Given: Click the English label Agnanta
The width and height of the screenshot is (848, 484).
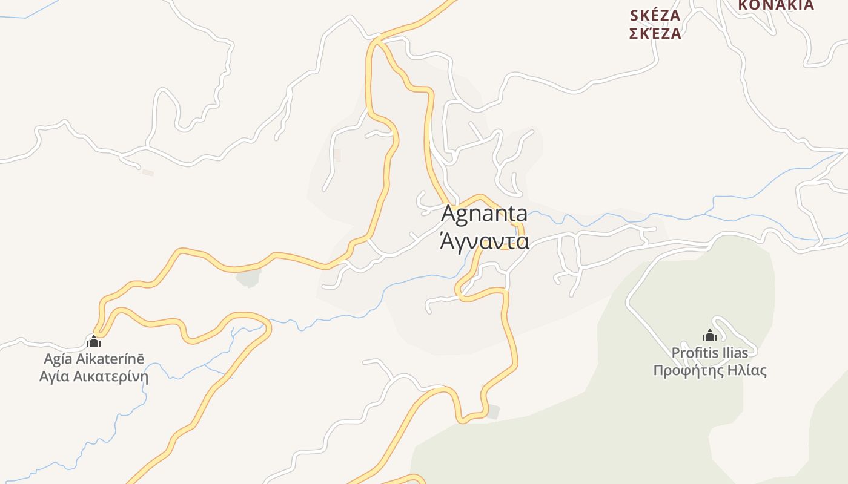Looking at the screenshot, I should coord(484,214).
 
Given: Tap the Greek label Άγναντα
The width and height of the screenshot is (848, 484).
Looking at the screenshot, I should coord(484,241).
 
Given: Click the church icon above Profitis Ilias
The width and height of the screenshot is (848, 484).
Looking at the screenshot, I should coord(710,335).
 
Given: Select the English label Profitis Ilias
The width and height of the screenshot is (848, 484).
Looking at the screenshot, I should coord(709,352).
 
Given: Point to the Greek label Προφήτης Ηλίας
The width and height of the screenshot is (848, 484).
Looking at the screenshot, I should coord(709,370).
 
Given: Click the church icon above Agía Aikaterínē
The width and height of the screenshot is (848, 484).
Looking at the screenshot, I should coord(94,341).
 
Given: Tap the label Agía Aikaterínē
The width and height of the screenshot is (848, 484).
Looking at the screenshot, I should coord(94,359).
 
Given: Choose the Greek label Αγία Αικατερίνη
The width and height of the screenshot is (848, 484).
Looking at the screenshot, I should coord(94,376).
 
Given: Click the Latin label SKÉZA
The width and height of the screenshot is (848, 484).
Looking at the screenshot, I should coord(655,15).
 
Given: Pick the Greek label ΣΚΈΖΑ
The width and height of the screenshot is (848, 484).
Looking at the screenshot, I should coord(655,33).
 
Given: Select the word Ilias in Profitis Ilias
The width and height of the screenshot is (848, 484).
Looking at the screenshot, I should coord(733,352).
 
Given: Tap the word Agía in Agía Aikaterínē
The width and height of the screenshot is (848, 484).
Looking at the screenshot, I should coord(58,359).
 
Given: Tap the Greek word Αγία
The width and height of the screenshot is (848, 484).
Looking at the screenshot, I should coord(55,376).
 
